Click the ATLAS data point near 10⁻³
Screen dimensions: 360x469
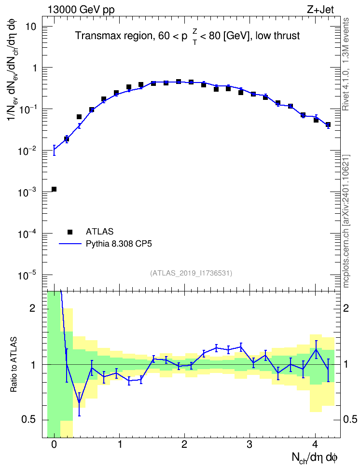pos(54,189)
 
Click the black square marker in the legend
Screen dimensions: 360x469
pos(70,232)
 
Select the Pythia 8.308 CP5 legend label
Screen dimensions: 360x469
pos(119,244)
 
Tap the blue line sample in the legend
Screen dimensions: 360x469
pos(70,244)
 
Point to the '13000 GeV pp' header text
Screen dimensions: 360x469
pos(81,10)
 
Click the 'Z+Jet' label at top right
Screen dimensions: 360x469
pos(320,10)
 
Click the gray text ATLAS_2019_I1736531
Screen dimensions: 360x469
pos(191,273)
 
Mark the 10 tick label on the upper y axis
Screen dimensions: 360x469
pos(30,27)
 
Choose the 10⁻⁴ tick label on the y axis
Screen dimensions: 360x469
pos(28,234)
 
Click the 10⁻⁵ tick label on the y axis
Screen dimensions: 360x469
pos(28,275)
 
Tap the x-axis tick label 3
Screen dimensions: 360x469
pos(249,444)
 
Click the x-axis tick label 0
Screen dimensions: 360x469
pos(54,444)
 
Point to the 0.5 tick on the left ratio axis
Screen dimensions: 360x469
pos(28,420)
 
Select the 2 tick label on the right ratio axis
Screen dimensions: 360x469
pos(346,308)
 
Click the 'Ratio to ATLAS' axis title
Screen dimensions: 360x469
pos(14,364)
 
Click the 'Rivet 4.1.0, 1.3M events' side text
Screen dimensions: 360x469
pos(346,64)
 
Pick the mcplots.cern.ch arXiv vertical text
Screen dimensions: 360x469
pos(346,221)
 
